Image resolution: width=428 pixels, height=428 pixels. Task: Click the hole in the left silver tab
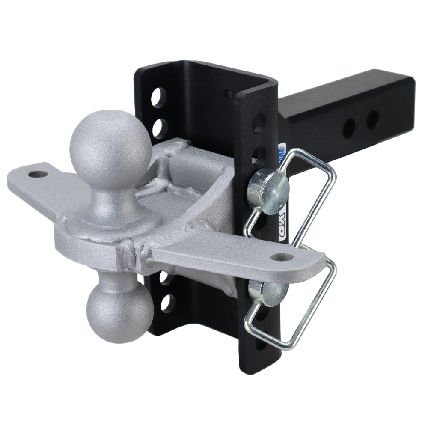(x=38, y=175)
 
